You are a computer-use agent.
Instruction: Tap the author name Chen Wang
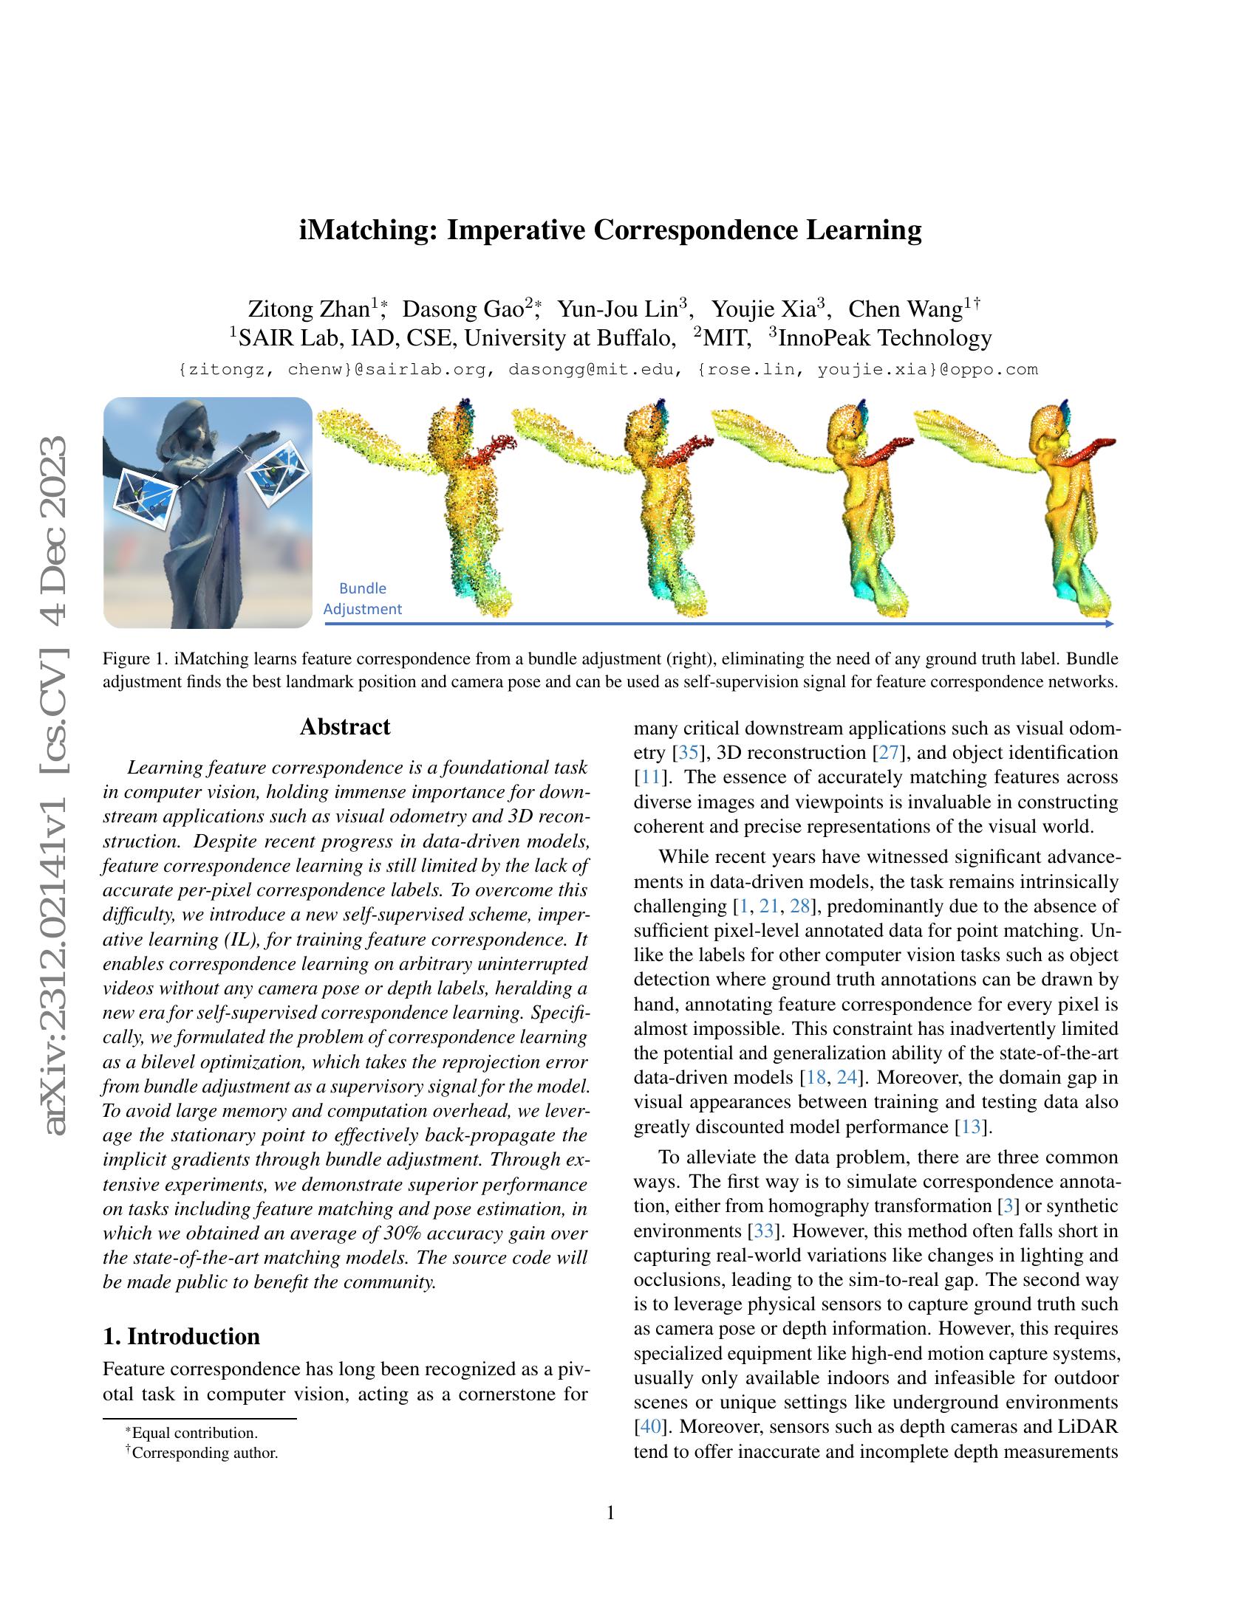tap(905, 309)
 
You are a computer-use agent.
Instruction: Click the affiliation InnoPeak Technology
tap(885, 338)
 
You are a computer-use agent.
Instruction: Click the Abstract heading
tap(344, 726)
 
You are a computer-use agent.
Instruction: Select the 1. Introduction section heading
tap(182, 1336)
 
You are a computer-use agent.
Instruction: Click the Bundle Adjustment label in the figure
tap(362, 599)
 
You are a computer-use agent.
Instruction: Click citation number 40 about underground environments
tap(645, 1427)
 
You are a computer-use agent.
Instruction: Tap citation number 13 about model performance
tap(971, 1126)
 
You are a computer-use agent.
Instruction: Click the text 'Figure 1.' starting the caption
tap(126, 658)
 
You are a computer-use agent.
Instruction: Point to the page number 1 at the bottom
tap(611, 1513)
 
